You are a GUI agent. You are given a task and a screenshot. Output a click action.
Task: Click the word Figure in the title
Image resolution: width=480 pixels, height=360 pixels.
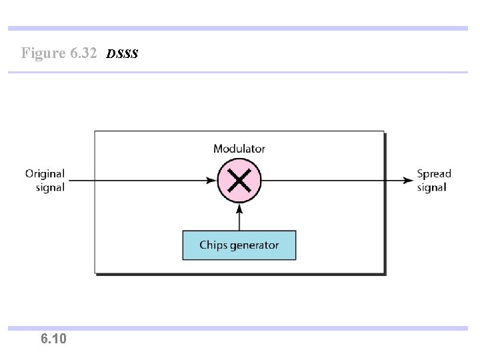(x=43, y=53)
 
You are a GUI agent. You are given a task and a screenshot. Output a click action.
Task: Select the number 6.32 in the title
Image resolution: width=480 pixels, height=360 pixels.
(x=83, y=53)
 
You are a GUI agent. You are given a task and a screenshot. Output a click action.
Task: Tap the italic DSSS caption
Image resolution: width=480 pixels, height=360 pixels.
(x=122, y=53)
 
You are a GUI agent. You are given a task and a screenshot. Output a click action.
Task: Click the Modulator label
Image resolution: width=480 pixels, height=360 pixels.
(x=239, y=149)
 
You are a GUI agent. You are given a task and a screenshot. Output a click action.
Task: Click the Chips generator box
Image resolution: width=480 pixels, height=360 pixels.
(x=239, y=245)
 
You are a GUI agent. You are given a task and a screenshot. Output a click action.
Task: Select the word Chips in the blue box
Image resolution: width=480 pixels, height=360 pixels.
(x=213, y=245)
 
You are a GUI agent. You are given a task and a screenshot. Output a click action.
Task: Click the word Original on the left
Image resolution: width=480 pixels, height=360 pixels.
(x=45, y=174)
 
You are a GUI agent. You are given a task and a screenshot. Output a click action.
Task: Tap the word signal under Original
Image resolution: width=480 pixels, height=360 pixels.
(x=50, y=187)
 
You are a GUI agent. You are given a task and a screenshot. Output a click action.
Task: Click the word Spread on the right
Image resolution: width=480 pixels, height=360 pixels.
(x=434, y=174)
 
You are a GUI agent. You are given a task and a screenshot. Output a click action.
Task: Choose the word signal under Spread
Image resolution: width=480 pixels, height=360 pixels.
(x=431, y=187)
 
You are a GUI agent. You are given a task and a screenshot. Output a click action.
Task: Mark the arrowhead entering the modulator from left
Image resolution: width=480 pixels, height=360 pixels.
(x=213, y=179)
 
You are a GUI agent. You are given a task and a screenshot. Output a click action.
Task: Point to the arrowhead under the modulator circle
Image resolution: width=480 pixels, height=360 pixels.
(x=239, y=206)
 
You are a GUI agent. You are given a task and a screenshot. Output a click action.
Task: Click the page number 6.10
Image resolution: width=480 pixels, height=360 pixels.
(x=53, y=339)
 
